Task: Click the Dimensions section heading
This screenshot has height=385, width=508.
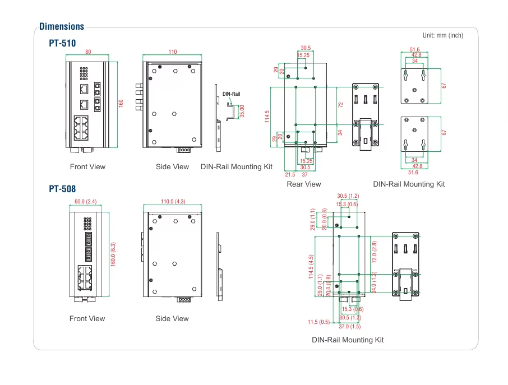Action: click(x=62, y=26)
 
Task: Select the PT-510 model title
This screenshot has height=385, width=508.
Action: click(x=62, y=43)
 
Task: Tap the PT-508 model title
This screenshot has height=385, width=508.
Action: click(x=62, y=189)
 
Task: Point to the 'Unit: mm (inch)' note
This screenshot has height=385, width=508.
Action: click(x=443, y=35)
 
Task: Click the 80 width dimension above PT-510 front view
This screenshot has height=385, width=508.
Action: click(x=88, y=52)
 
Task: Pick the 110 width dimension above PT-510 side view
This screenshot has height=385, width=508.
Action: click(x=173, y=52)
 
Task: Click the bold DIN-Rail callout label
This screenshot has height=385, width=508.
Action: click(x=231, y=94)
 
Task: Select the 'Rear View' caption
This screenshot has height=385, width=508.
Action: click(x=304, y=184)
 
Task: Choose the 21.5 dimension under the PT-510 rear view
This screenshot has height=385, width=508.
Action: click(x=290, y=175)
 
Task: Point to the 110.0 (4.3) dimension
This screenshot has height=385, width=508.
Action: click(x=173, y=201)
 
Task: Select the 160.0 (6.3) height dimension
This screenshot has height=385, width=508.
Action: click(x=113, y=254)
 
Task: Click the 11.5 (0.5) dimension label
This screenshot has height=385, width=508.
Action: click(x=319, y=322)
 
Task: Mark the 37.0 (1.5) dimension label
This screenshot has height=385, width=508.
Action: click(x=350, y=326)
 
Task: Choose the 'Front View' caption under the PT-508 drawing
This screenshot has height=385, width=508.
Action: click(x=87, y=319)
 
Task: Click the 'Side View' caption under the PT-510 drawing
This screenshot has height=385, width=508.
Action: click(x=172, y=167)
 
